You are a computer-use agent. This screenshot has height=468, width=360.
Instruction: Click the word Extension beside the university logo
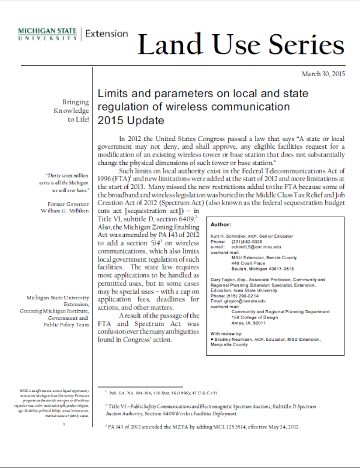pyautogui.click(x=107, y=34)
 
